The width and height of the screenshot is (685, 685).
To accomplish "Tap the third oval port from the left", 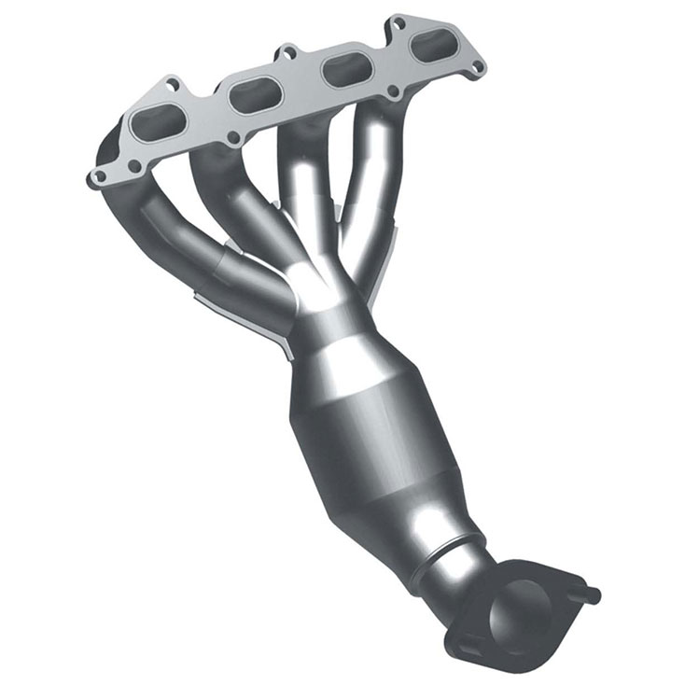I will pos(340,67).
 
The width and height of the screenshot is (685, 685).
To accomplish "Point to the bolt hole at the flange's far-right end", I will pos(479,66).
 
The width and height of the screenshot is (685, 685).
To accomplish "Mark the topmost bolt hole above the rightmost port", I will pos(398,21).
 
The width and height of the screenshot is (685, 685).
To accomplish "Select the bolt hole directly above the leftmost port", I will pos(171,85).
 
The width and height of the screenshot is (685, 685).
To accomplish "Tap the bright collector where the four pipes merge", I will pos(317,280).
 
